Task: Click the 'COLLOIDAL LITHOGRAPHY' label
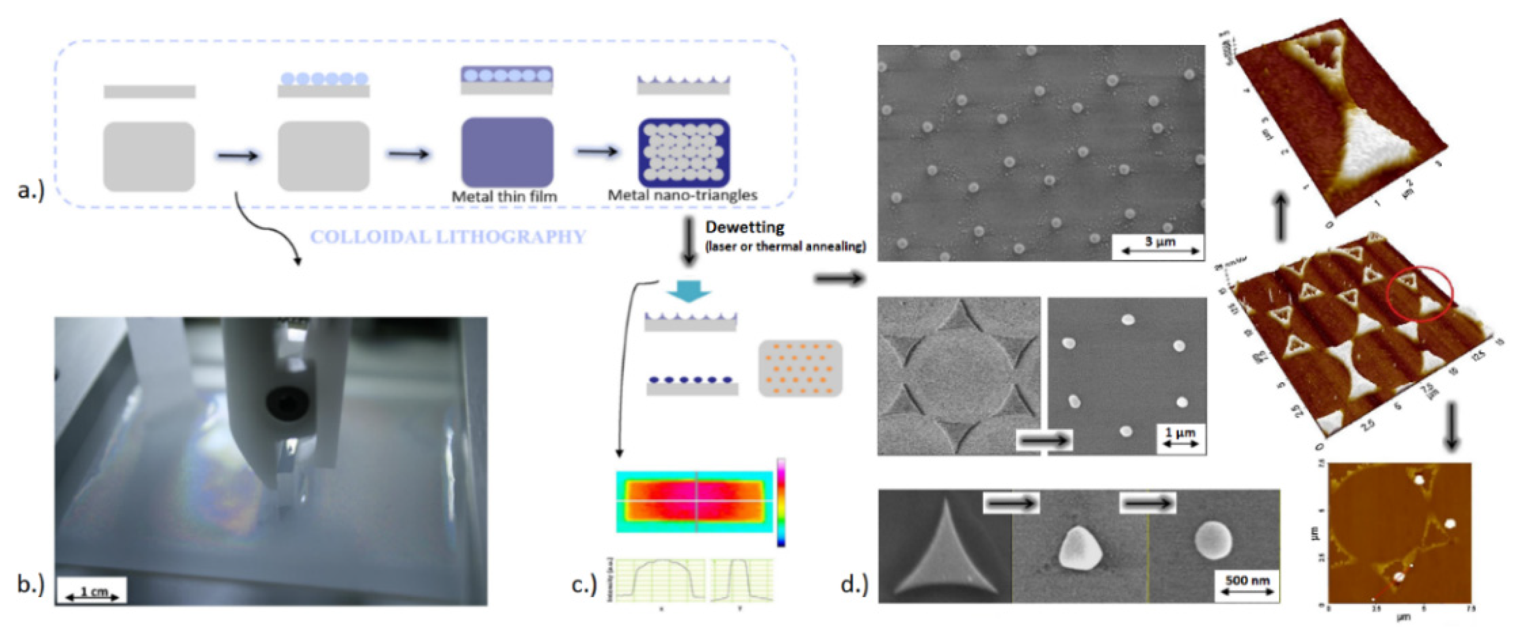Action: pyautogui.click(x=448, y=237)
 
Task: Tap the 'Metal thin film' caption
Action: pyautogui.click(x=505, y=196)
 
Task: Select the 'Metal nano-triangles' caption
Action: pyautogui.click(x=682, y=195)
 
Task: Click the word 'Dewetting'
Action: pyautogui.click(x=744, y=227)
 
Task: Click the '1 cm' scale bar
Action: pyautogui.click(x=92, y=592)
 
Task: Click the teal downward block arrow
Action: pyautogui.click(x=688, y=291)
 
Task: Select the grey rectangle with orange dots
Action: pyautogui.click(x=800, y=368)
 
